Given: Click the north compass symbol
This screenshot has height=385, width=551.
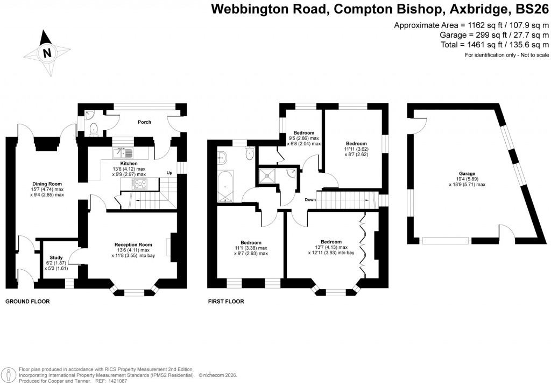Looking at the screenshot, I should (x=46, y=53).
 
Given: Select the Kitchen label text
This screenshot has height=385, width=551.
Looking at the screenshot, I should (x=129, y=163).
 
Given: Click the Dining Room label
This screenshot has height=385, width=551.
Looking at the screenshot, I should (x=47, y=184).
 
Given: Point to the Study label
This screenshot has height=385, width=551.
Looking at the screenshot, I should (x=56, y=257).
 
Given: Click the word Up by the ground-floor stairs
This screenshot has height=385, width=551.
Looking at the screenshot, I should (x=169, y=173).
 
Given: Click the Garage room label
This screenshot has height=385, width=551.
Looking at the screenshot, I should (x=467, y=173).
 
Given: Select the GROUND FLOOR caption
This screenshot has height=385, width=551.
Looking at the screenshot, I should (x=27, y=302).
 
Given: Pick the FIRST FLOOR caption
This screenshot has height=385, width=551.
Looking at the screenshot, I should (x=226, y=302).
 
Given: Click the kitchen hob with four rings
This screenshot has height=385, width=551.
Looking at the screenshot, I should (x=140, y=184).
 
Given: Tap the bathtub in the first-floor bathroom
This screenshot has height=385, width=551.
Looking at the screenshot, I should (x=225, y=186).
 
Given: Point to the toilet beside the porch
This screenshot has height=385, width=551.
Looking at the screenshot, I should (x=94, y=128).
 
